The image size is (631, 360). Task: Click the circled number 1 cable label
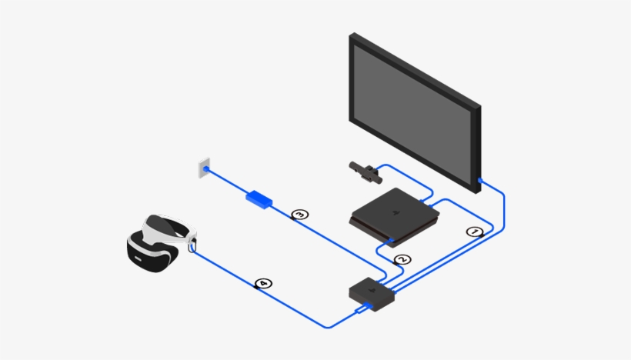point(475,231)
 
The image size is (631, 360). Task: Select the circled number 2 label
point(399,260)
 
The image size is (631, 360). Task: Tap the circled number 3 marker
point(300,214)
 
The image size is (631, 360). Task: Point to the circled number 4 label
point(263,284)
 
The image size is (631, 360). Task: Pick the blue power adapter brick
point(259,198)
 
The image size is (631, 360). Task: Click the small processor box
point(372,292)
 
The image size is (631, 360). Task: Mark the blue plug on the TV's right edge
point(480,182)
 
